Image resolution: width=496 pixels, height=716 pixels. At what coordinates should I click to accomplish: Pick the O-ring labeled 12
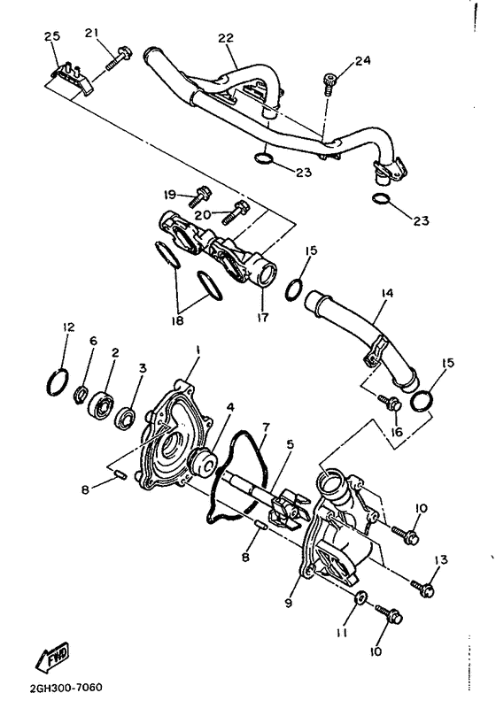[57, 382]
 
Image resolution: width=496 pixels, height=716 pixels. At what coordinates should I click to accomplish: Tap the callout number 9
[289, 603]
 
